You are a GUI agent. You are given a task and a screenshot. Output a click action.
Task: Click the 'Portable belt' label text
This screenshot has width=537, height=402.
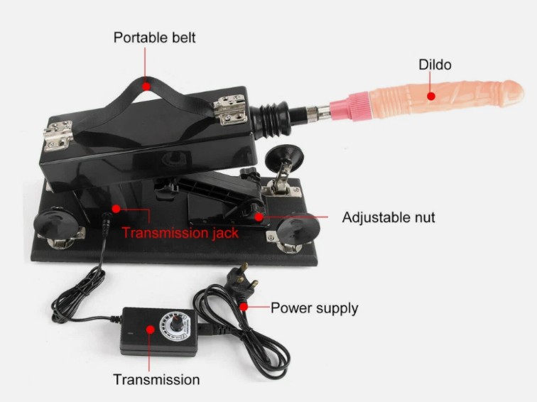[154, 38]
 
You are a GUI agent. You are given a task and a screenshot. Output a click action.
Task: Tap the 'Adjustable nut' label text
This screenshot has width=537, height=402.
[389, 217]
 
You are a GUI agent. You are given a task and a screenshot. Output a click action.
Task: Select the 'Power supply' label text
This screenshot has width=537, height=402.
[315, 308]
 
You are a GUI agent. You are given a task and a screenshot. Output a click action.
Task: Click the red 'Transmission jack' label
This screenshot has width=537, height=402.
[180, 233]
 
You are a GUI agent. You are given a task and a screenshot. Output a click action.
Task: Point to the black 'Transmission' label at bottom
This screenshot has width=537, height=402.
[156, 380]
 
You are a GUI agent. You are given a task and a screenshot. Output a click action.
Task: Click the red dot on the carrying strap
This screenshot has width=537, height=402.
[146, 86]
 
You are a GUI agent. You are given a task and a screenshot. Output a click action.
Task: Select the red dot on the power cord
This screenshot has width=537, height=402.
[244, 307]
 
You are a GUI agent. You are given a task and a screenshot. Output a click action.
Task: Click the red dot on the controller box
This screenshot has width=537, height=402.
[150, 330]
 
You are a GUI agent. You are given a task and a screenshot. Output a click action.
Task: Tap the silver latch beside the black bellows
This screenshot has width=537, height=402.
[230, 109]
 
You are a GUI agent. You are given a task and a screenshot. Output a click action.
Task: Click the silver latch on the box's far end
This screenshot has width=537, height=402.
[58, 136]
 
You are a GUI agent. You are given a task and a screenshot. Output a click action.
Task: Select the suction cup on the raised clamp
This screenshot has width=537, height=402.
[284, 155]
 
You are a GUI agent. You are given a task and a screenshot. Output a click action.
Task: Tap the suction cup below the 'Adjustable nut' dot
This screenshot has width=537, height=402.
[298, 229]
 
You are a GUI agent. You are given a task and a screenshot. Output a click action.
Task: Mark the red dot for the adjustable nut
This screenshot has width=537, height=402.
[259, 217]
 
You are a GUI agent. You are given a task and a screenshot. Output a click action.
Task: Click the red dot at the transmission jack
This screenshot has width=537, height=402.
[116, 209]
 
